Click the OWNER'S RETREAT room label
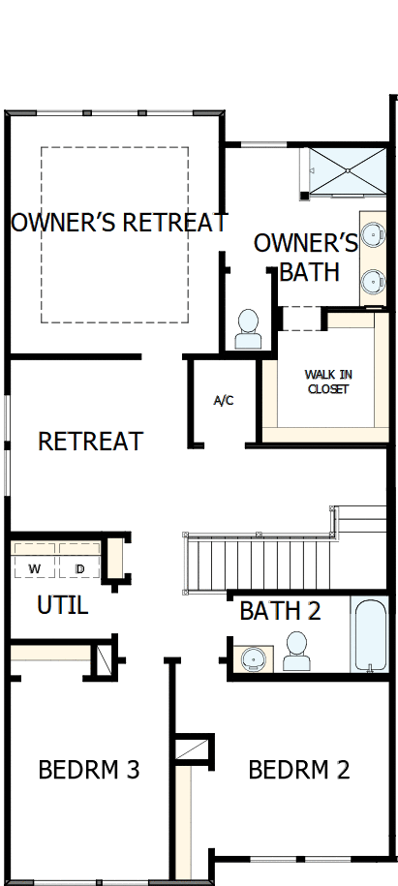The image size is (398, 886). click(118, 223)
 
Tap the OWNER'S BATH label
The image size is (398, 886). click(306, 257)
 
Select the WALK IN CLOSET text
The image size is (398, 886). click(327, 382)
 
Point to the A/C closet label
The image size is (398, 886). click(224, 400)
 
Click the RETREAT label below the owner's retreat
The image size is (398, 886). click(90, 442)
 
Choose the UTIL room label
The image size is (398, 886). click(63, 606)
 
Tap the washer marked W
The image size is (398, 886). click(35, 568)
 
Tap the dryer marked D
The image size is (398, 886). click(80, 568)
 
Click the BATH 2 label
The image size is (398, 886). click(280, 611)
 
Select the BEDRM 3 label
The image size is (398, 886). click(89, 771)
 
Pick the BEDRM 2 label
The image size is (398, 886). click(298, 771)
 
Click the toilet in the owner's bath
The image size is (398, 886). click(248, 329)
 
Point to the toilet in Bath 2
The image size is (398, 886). click(296, 652)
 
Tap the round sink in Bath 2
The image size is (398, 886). click(254, 658)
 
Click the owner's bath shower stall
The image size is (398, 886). click(345, 171)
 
